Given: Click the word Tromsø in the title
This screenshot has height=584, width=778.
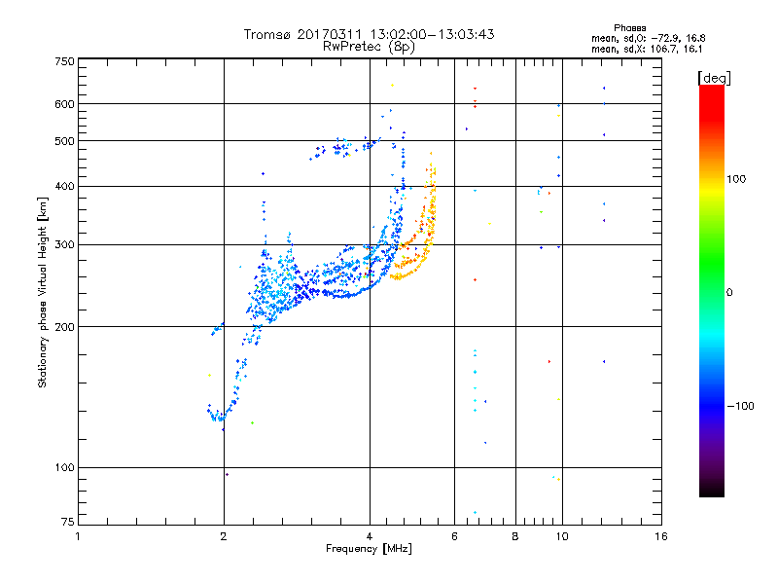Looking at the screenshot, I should pyautogui.click(x=267, y=34).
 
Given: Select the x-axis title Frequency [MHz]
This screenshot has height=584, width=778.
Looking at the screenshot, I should pyautogui.click(x=369, y=549).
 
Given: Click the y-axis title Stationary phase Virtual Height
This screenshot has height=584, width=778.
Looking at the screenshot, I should pyautogui.click(x=42, y=292).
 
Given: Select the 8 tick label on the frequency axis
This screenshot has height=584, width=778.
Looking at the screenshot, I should pyautogui.click(x=515, y=536).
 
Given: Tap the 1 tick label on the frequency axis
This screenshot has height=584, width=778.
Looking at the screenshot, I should pyautogui.click(x=78, y=536).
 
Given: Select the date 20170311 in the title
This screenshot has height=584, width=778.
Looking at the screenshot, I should pyautogui.click(x=330, y=34).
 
